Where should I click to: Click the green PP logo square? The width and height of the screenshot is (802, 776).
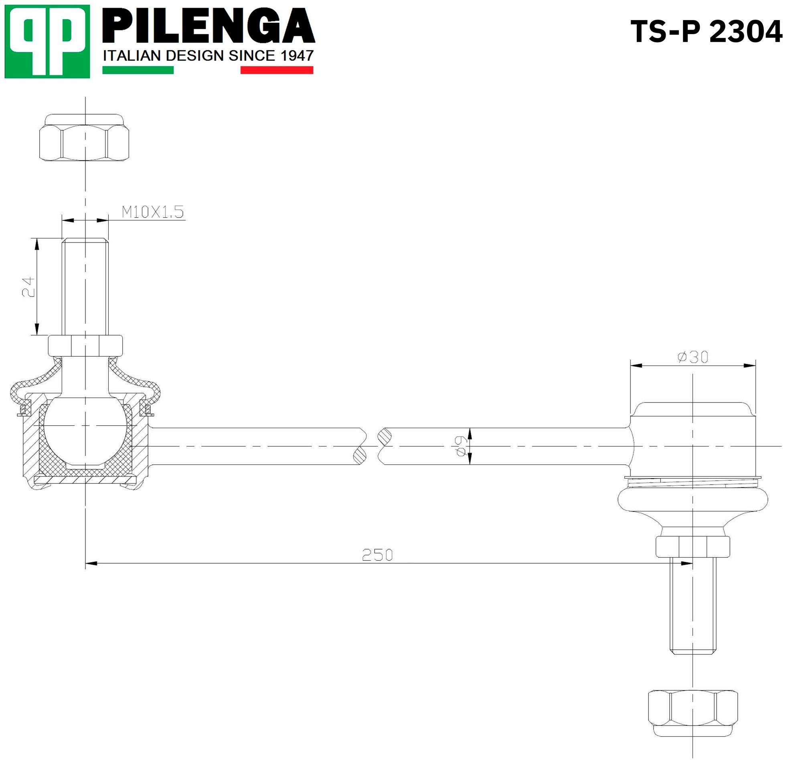(47, 41)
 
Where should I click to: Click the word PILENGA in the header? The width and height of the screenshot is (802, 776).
(209, 26)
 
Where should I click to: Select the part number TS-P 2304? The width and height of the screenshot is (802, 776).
(706, 32)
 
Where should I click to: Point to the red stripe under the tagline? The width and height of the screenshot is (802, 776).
(277, 70)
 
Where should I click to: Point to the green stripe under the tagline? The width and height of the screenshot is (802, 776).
(138, 70)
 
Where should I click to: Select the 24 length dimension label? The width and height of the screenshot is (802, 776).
(28, 286)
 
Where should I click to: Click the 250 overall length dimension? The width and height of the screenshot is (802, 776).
(377, 555)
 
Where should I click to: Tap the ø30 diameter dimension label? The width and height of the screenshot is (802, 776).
(693, 357)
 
